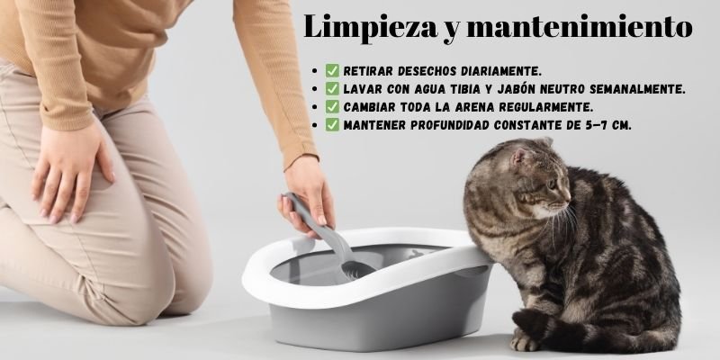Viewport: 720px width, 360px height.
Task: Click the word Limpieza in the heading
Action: (371, 28)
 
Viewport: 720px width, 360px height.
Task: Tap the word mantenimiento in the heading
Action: (580, 27)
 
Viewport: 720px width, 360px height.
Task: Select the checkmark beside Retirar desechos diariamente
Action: (332, 71)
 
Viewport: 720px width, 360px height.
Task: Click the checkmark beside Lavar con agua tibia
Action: (332, 88)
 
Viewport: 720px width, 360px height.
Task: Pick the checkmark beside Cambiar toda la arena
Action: (332, 106)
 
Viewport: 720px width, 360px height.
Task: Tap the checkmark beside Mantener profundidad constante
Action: (332, 124)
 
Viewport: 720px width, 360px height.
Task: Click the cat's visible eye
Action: (552, 184)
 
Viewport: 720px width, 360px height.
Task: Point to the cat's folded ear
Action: (520, 157)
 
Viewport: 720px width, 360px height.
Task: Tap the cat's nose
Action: (568, 197)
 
